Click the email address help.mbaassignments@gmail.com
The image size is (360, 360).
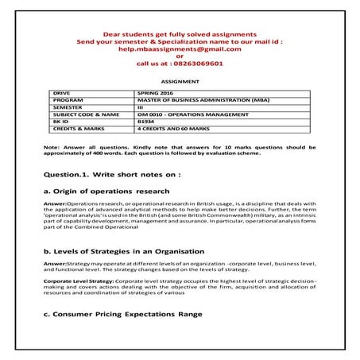tap(179, 48)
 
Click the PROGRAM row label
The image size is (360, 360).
tap(67, 100)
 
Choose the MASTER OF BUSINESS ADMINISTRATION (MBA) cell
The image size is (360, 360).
tap(194, 100)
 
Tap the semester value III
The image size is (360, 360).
tap(141, 107)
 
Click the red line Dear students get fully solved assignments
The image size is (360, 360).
tap(179, 34)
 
